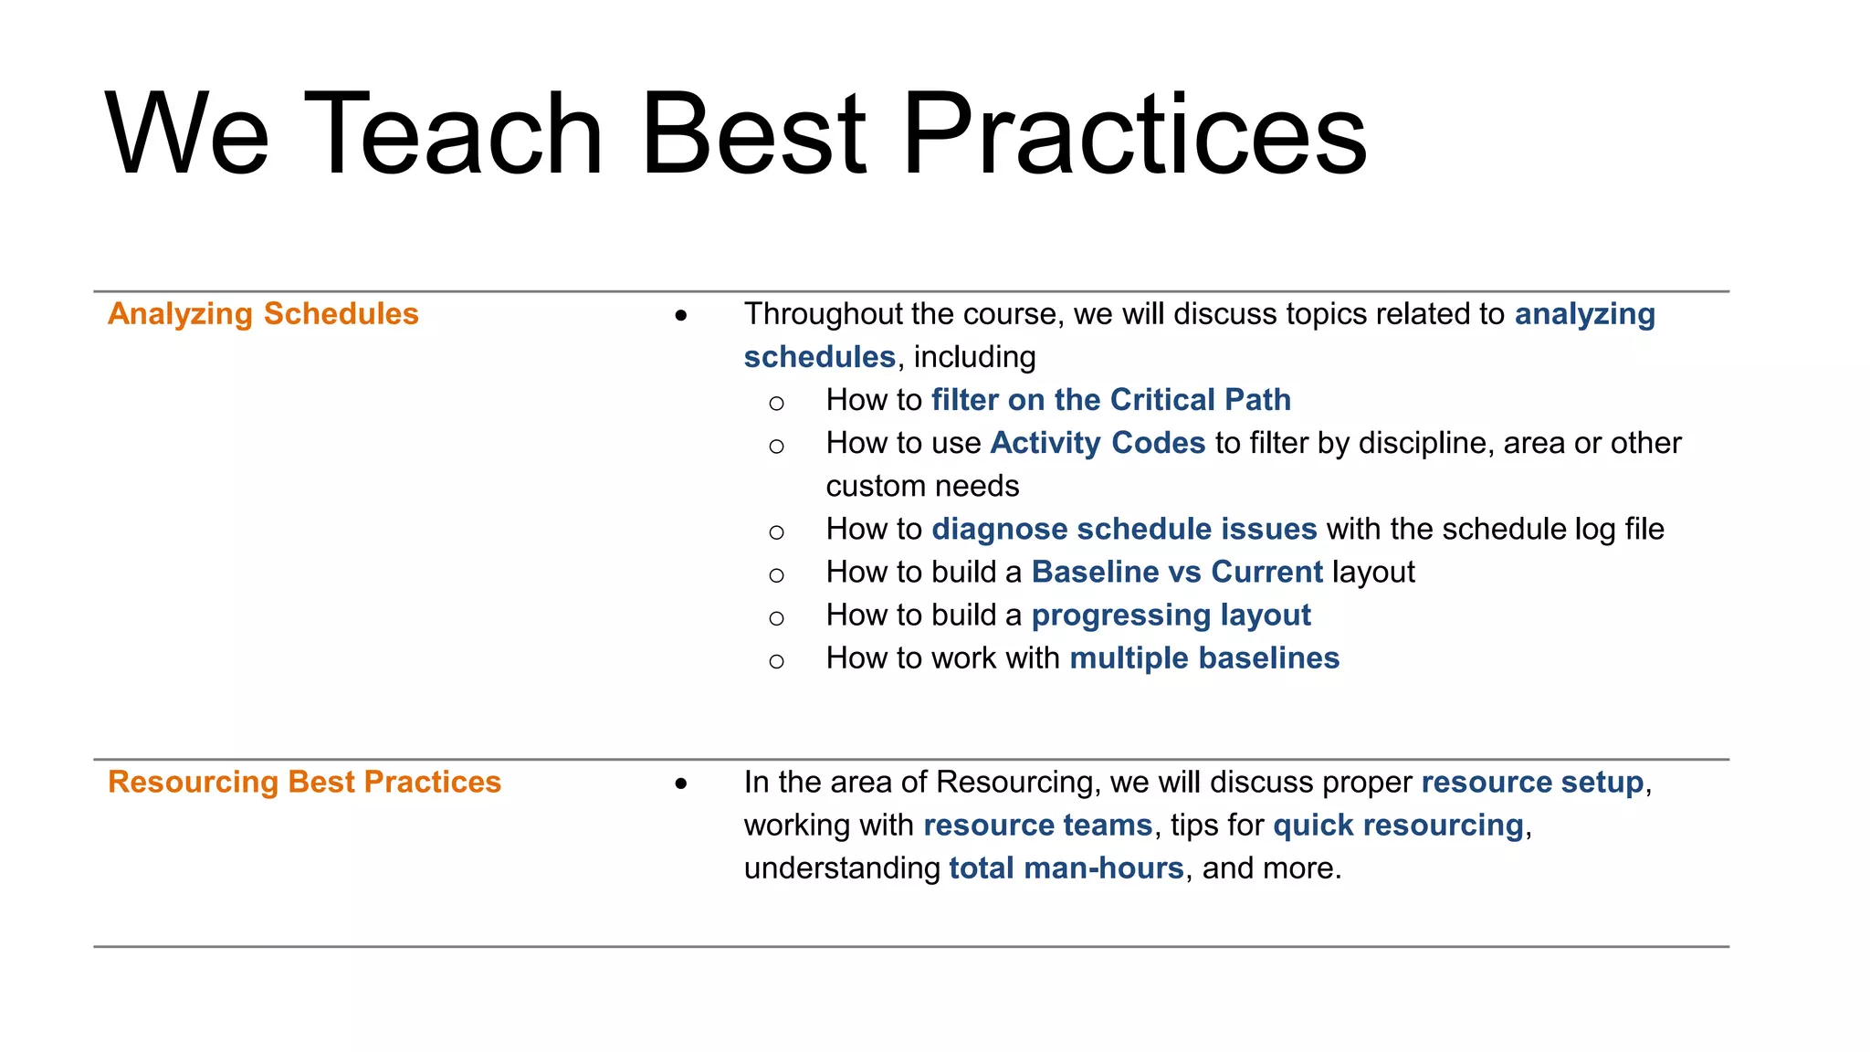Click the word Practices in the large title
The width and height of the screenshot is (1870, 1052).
tap(1134, 133)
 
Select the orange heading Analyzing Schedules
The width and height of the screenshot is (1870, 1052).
tap(263, 314)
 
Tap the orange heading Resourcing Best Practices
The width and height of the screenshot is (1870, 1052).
tap(304, 783)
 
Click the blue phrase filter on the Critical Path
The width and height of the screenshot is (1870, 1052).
tap(1110, 400)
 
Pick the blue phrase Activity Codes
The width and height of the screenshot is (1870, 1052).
tap(1098, 443)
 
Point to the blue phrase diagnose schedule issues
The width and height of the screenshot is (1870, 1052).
tap(1124, 530)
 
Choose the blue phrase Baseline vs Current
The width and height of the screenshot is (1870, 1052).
tap(1177, 573)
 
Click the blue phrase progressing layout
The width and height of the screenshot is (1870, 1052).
tap(1171, 615)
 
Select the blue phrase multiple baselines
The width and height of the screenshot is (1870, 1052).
tap(1204, 658)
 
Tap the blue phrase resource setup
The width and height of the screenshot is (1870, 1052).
tap(1532, 783)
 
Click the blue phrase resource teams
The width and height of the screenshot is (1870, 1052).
tap(1037, 826)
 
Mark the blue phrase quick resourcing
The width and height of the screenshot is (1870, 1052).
tap(1398, 826)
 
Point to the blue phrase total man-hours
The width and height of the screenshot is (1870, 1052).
tap(1066, 868)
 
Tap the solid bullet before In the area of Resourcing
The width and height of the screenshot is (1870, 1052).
tap(681, 784)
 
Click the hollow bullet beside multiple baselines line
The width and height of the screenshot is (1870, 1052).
tap(776, 661)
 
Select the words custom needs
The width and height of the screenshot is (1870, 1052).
tap(922, 487)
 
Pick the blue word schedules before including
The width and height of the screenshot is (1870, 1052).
tap(819, 357)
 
